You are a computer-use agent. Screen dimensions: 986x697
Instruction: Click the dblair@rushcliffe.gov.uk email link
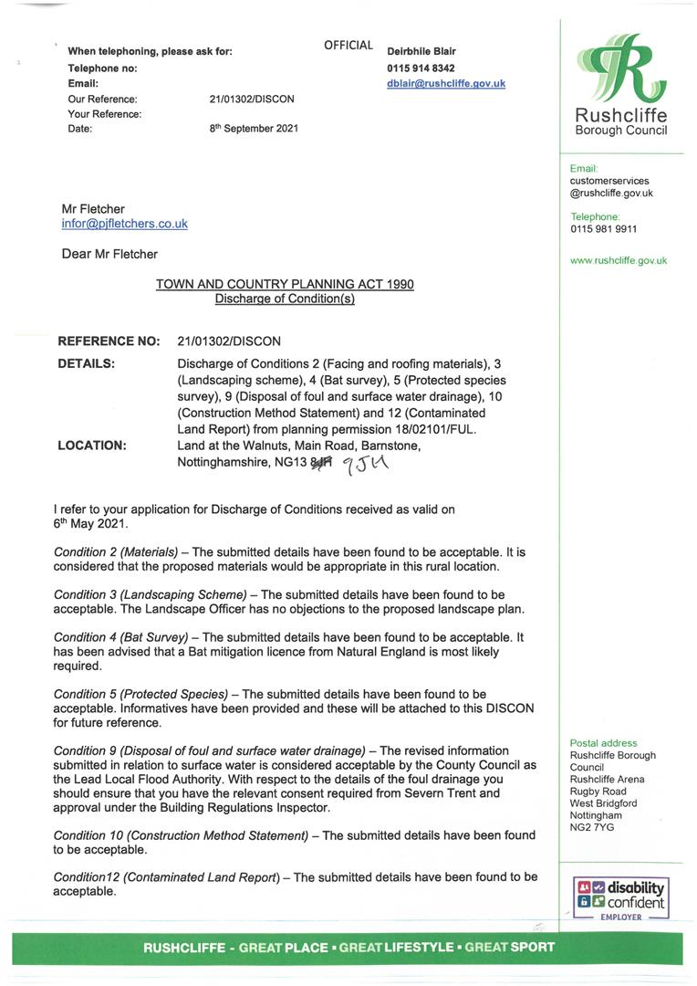(446, 83)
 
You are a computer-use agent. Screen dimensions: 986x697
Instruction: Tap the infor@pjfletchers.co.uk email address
(124, 224)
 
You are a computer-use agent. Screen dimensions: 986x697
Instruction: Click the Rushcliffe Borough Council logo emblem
(620, 71)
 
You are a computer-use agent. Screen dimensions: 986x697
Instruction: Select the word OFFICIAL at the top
(348, 46)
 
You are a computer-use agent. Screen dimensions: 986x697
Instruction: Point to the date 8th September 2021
(254, 129)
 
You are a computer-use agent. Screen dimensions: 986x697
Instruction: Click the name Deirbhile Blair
(421, 52)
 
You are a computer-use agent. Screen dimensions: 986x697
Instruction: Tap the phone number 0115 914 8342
(421, 68)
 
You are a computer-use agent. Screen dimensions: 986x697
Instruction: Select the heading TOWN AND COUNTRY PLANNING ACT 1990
(285, 285)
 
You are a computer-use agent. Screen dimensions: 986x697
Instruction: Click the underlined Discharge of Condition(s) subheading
(285, 299)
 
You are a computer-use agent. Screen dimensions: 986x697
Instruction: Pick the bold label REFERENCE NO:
(109, 341)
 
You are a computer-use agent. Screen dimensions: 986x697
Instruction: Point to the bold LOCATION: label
(92, 446)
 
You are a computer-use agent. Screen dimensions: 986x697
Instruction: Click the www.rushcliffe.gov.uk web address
(619, 260)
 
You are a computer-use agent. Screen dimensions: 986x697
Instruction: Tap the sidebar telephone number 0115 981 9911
(604, 229)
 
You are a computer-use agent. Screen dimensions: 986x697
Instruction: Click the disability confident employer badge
(620, 898)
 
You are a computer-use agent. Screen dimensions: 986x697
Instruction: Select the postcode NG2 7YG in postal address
(592, 827)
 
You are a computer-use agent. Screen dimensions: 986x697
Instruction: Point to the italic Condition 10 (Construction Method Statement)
(181, 835)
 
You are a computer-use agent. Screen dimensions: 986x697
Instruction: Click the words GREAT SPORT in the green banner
(509, 948)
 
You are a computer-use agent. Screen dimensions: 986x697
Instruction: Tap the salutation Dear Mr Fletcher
(109, 254)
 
